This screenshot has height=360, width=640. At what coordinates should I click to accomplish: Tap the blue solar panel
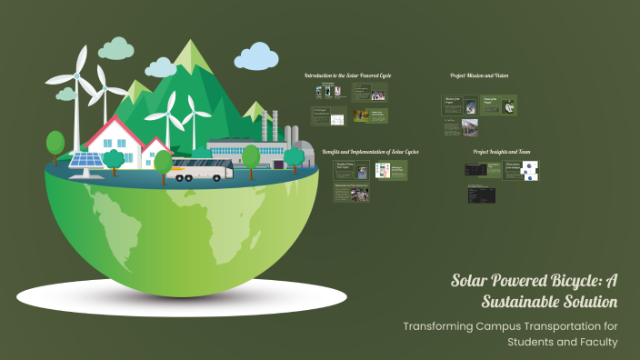pyautogui.click(x=87, y=162)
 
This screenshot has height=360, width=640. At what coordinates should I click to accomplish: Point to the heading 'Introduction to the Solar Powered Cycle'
pyautogui.click(x=347, y=75)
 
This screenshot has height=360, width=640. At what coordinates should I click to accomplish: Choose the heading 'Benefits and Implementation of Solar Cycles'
pyautogui.click(x=370, y=151)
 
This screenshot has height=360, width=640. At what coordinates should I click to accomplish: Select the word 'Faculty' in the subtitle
pyautogui.click(x=595, y=342)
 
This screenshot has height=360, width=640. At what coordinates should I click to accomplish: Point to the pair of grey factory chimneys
pyautogui.click(x=268, y=124)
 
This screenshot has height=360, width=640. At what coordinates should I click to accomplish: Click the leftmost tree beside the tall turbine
pyautogui.click(x=55, y=144)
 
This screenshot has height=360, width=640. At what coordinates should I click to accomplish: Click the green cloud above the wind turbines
pyautogui.click(x=115, y=47)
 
